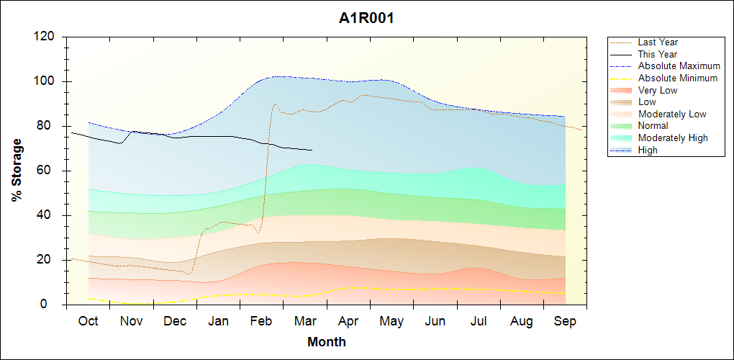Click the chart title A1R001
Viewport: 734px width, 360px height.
coord(366,19)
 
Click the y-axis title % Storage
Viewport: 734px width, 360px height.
coord(17,171)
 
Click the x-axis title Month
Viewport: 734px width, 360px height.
coord(326,342)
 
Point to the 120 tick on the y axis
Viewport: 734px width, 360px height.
coord(47,37)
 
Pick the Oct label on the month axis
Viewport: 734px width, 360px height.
coord(88,321)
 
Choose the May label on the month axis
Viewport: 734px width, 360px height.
coord(391,321)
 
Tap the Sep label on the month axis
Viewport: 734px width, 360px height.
coord(565,321)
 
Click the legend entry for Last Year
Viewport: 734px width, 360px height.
coord(658,42)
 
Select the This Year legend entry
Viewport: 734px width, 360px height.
coord(657,54)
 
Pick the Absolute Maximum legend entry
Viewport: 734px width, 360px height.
coord(679,66)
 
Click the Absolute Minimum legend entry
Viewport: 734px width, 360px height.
coord(677,78)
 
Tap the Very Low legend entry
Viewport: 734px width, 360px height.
coord(658,90)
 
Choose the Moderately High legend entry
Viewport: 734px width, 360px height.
coord(673,138)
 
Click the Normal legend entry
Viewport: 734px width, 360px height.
coord(653,126)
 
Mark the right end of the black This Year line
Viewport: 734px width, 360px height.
coord(312,150)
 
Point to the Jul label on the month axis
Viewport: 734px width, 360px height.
coord(479,321)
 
